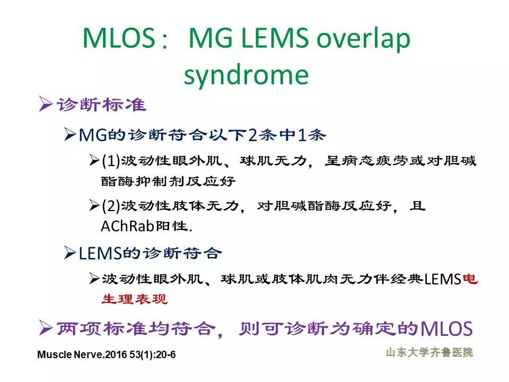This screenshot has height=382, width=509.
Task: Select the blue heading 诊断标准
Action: [101, 105]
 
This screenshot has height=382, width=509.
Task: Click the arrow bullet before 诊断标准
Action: [46, 105]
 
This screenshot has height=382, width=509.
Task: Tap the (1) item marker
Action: [111, 160]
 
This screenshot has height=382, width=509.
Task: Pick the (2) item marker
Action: [111, 205]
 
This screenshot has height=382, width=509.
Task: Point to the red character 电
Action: [469, 279]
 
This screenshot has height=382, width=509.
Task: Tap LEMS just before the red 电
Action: [443, 279]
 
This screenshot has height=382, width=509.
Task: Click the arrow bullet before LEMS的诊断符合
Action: [69, 254]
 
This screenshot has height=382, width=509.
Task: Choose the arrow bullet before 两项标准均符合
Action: [46, 328]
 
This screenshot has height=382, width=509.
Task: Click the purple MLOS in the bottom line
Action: [445, 329]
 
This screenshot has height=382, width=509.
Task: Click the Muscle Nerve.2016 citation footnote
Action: [107, 354]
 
